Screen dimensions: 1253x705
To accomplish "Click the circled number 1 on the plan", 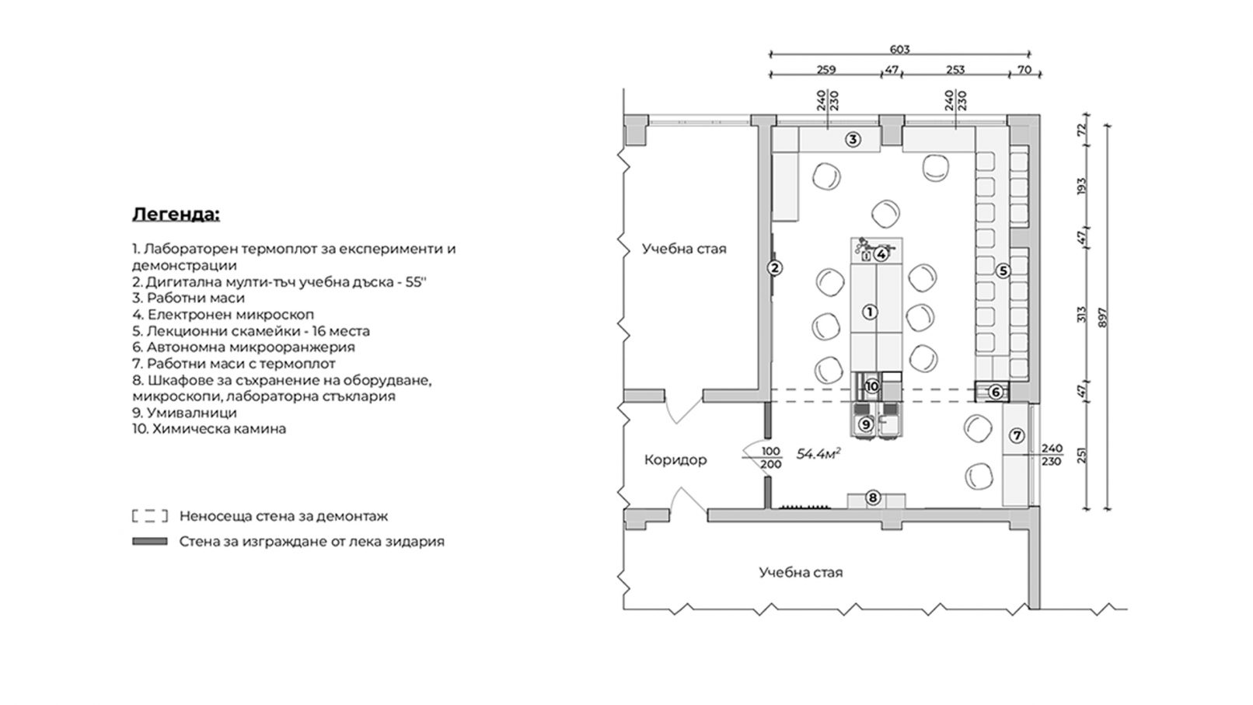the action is (x=869, y=312).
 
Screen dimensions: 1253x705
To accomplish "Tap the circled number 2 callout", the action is (x=775, y=268).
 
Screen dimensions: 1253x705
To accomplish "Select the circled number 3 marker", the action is (x=853, y=139).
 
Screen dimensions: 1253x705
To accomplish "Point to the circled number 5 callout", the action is (x=1003, y=270).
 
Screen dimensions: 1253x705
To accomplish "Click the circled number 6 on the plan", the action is (x=995, y=393).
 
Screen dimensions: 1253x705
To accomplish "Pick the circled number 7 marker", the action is (x=1017, y=435).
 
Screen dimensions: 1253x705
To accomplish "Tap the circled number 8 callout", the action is (x=873, y=497).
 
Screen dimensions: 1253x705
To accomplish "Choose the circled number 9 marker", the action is (x=865, y=424).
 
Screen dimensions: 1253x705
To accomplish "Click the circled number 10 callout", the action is (x=871, y=386).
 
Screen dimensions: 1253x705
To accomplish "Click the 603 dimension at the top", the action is (x=899, y=49).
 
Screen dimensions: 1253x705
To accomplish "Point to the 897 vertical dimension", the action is (x=1102, y=318).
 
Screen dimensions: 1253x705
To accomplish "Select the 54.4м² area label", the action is (x=819, y=453).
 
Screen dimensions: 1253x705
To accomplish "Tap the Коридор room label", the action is (x=675, y=460).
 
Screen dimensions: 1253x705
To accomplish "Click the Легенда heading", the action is (x=176, y=215).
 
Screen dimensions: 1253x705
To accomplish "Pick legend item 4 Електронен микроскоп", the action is (x=223, y=315).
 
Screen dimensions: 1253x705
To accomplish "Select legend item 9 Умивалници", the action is (x=184, y=413).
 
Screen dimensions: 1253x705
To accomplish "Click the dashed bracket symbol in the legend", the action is (x=150, y=516).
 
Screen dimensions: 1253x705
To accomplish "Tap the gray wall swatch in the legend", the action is (x=150, y=542).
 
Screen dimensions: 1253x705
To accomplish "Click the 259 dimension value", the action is (x=826, y=70).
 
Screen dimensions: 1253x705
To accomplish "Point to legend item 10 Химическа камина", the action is (x=209, y=429).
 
